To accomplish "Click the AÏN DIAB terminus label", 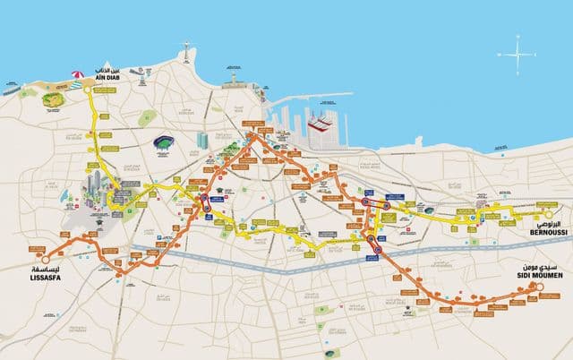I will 107,76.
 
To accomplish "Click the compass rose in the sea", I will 517,54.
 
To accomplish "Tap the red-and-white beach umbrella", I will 78,75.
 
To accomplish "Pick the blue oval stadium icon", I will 165,141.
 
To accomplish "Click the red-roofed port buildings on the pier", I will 319,126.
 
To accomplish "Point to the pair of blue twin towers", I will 202,141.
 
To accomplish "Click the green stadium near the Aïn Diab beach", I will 52,99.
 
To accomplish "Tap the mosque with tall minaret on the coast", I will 235,80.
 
